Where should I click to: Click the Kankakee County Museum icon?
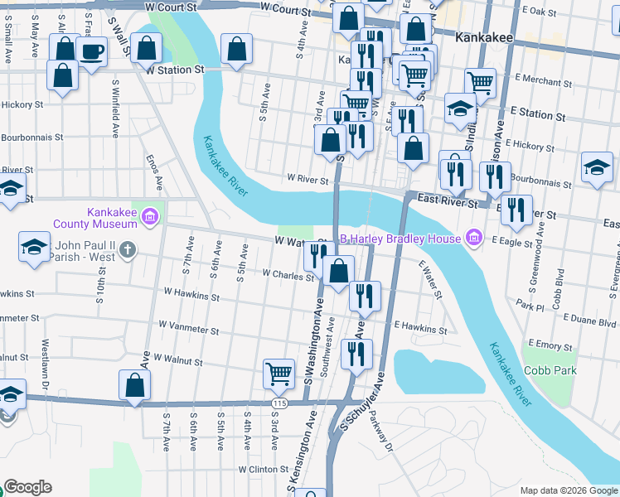point(150,217)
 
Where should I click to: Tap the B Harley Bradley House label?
point(401,239)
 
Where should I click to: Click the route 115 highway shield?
point(278,402)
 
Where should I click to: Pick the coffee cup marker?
point(91,53)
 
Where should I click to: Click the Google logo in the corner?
point(27,487)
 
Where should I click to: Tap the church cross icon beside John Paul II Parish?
point(126,248)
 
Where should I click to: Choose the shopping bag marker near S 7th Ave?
point(135,384)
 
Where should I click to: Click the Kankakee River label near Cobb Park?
point(510,374)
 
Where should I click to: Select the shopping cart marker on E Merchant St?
point(481,83)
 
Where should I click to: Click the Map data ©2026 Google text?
point(569,490)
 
